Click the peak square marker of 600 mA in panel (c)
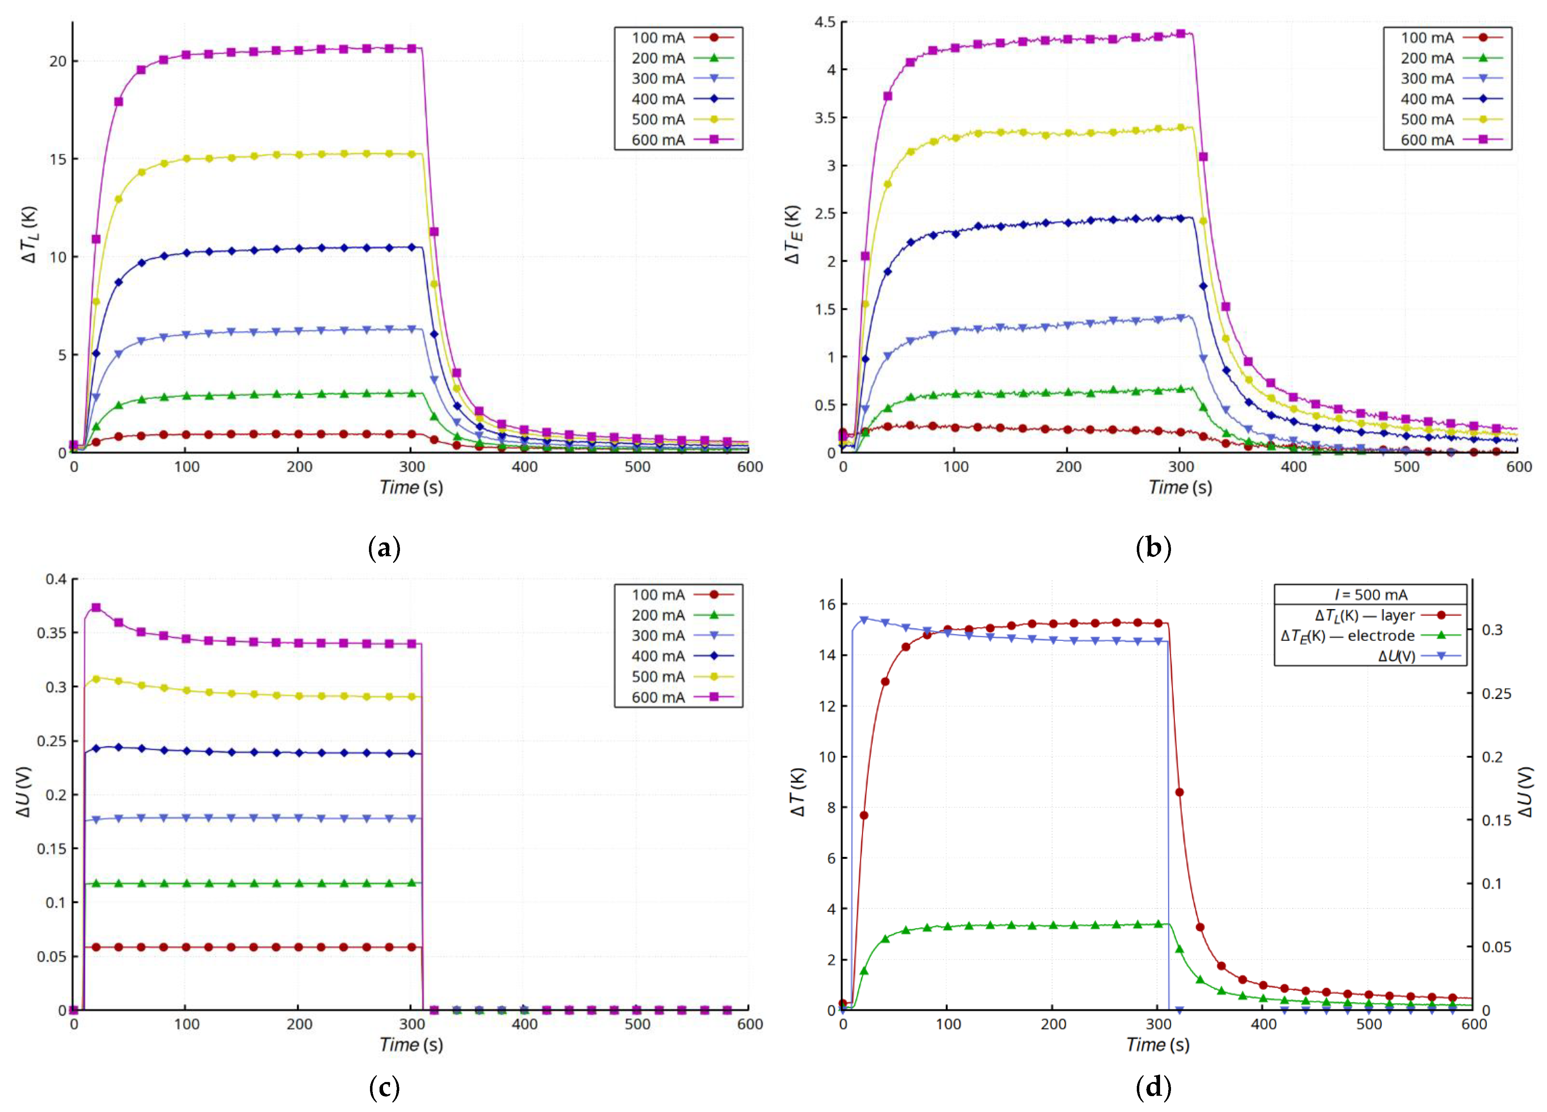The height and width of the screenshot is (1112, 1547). (96, 607)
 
